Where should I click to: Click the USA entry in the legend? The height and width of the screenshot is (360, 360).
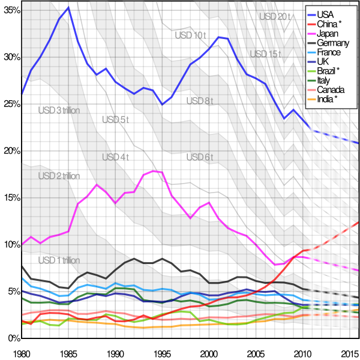[x=325, y=14]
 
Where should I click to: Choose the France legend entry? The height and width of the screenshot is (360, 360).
[x=329, y=52]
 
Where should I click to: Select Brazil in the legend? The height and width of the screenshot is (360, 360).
[x=328, y=71]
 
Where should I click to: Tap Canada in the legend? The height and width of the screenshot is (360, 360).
[x=330, y=90]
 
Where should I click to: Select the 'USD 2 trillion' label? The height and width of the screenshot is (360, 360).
[x=59, y=176]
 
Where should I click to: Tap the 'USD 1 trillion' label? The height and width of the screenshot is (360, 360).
[x=59, y=260]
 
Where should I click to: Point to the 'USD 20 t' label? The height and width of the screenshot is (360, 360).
[x=274, y=17]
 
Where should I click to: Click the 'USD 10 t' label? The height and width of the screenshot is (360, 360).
[x=190, y=35]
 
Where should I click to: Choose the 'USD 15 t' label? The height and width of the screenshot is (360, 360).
[x=265, y=54]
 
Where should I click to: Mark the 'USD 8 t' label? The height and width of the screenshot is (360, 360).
[x=199, y=101]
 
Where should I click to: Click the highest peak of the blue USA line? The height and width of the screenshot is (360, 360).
[x=68, y=7]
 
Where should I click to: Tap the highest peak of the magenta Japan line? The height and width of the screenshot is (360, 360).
[x=154, y=171]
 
